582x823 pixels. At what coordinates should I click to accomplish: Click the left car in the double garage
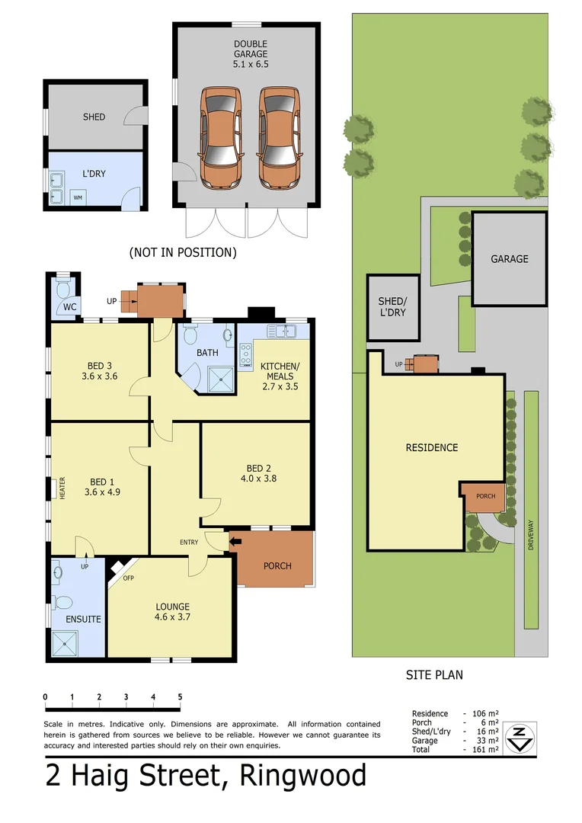(222, 138)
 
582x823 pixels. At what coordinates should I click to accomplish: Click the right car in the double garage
(277, 138)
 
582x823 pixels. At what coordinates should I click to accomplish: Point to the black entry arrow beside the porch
(235, 541)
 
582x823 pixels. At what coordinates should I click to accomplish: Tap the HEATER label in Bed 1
(62, 488)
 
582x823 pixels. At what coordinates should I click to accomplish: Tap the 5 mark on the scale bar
(180, 697)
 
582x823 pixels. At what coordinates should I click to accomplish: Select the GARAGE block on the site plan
(509, 258)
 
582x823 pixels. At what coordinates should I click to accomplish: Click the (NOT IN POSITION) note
(183, 251)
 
